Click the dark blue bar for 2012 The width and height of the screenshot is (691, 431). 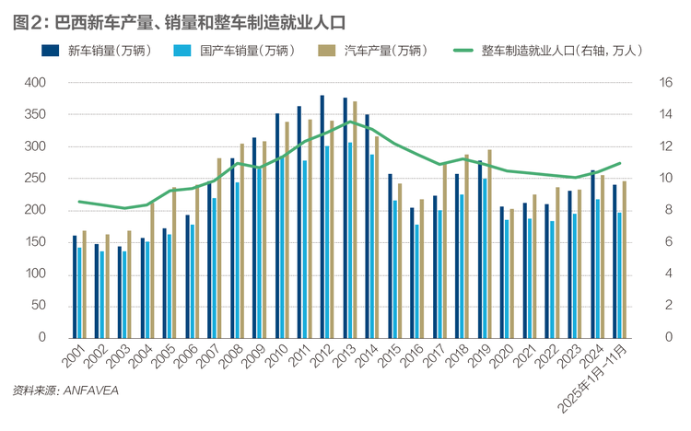tap(322, 216)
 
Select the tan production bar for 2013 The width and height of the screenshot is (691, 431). tap(355, 220)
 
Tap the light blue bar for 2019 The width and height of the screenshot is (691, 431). tap(485, 258)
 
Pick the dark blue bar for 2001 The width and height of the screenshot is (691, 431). tap(75, 287)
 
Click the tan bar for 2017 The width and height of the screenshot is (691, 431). tap(445, 250)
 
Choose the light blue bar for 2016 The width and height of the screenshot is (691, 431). tap(416, 282)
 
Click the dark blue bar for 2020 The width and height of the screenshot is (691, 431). tap(502, 273)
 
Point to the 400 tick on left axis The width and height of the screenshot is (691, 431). tap(35, 82)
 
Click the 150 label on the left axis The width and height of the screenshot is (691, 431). tap(35, 242)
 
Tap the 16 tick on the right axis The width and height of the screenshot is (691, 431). tap(665, 82)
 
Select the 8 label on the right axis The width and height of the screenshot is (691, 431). tap(669, 210)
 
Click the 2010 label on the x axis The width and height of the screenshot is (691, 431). tap(277, 355)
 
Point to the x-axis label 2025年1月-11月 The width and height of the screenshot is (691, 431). tap(592, 379)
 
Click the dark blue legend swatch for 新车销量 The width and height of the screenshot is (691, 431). tap(51, 51)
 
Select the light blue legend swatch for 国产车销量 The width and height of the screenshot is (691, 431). tap(182, 51)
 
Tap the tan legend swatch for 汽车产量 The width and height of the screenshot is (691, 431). tap(326, 51)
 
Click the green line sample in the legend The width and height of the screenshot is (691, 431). tap(463, 51)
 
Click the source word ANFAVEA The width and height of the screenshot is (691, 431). tap(91, 390)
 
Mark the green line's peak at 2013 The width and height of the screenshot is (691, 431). tap(350, 122)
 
